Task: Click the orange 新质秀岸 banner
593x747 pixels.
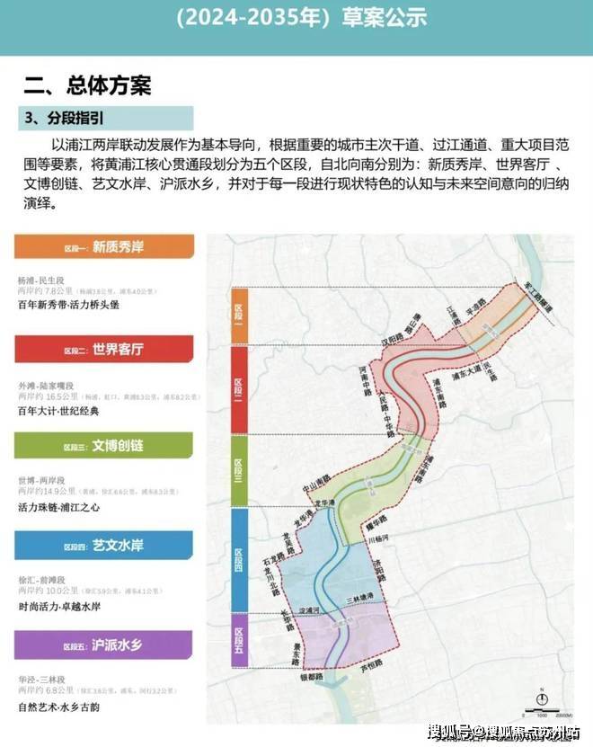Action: coord(103,247)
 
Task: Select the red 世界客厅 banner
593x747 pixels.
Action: coord(103,349)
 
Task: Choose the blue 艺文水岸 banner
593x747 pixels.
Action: coord(103,545)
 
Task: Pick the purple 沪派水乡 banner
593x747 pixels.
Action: coord(103,644)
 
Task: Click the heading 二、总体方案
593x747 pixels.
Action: coord(88,85)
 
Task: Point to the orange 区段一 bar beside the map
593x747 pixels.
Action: coord(239,315)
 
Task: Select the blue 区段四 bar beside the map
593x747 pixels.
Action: coord(239,559)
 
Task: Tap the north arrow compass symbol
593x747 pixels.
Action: coord(541,698)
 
